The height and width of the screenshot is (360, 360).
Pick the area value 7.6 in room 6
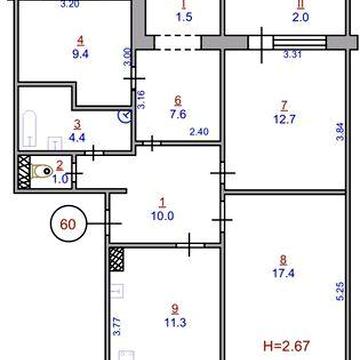178,113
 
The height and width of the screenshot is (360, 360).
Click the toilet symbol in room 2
42,173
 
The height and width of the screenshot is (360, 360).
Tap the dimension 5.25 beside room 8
339,290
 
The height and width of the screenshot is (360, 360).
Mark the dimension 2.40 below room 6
198,133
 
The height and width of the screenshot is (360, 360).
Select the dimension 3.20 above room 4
68,5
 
